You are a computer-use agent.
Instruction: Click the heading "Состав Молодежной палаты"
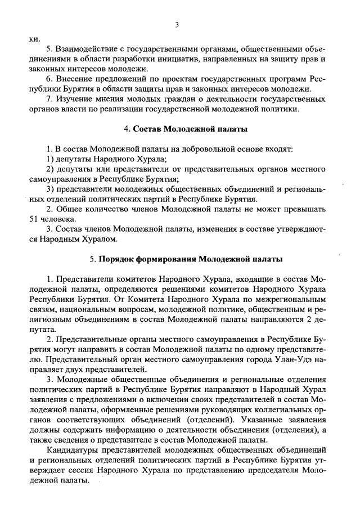click(190, 129)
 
